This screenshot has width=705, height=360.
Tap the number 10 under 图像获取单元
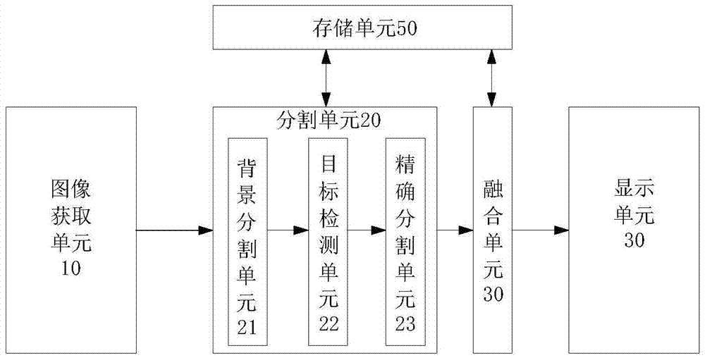pyautogui.click(x=71, y=268)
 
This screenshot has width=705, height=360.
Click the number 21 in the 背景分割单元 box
pyautogui.click(x=247, y=327)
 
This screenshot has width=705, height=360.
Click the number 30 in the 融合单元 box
pyautogui.click(x=493, y=294)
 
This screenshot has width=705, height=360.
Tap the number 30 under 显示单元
pyautogui.click(x=634, y=240)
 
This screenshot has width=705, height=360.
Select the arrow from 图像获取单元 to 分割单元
pyautogui.click(x=174, y=230)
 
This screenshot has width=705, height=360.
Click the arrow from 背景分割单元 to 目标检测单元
pyautogui.click(x=288, y=230)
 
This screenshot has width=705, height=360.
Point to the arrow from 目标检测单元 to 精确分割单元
pyautogui.click(x=367, y=230)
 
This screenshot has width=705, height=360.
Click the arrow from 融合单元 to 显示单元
pyautogui.click(x=541, y=230)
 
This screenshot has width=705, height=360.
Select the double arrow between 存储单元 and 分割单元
pyautogui.click(x=325, y=77)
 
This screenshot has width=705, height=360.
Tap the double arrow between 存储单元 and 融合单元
pyautogui.click(x=492, y=77)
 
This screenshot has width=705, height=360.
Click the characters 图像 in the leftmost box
pyautogui.click(x=71, y=190)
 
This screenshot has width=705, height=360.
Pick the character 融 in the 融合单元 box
pyautogui.click(x=493, y=190)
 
